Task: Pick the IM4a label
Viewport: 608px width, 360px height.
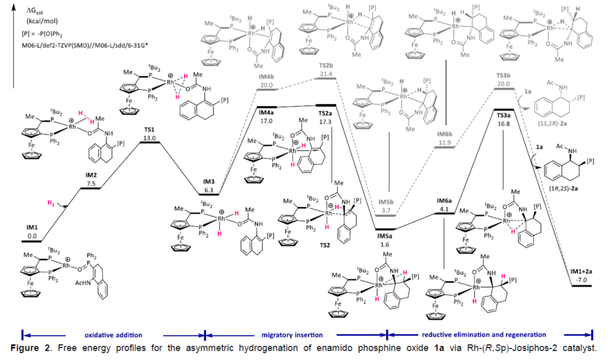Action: click(x=266, y=112)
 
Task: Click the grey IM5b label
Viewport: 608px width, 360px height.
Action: click(x=386, y=202)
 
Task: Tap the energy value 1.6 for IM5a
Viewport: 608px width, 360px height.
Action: click(x=384, y=245)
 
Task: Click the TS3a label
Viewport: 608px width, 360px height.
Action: click(x=504, y=115)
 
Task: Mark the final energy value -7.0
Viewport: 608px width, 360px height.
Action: click(x=582, y=279)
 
